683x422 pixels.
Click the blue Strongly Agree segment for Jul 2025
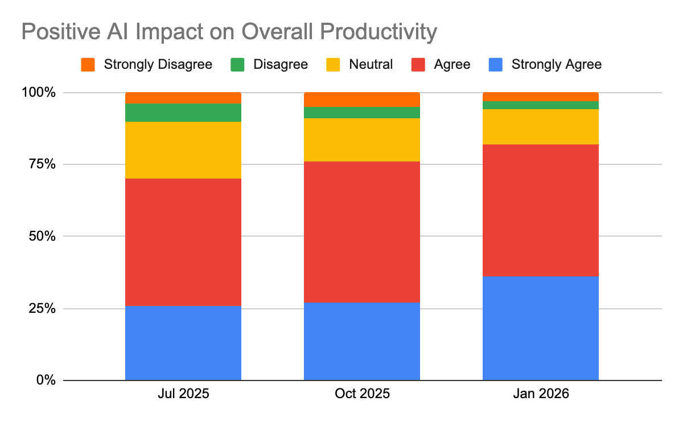click(183, 342)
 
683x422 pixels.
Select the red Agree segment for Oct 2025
click(361, 231)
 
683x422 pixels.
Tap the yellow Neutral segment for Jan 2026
click(540, 126)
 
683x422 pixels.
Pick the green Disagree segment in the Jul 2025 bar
click(183, 113)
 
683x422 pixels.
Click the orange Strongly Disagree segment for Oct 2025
click(361, 100)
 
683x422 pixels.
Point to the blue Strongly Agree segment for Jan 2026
click(540, 328)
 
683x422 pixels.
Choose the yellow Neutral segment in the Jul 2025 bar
click(183, 150)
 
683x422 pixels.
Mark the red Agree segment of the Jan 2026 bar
click(540, 210)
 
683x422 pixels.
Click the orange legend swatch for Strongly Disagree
click(88, 64)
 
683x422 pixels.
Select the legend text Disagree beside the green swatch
click(280, 64)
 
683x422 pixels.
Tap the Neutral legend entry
click(371, 64)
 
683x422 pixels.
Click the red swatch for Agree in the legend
click(418, 64)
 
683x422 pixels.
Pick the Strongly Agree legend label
click(556, 64)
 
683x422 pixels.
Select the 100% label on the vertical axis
click(37, 92)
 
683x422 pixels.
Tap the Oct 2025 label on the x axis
click(361, 394)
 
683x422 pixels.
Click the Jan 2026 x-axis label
click(540, 394)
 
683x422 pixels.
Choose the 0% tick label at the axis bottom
click(44, 380)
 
